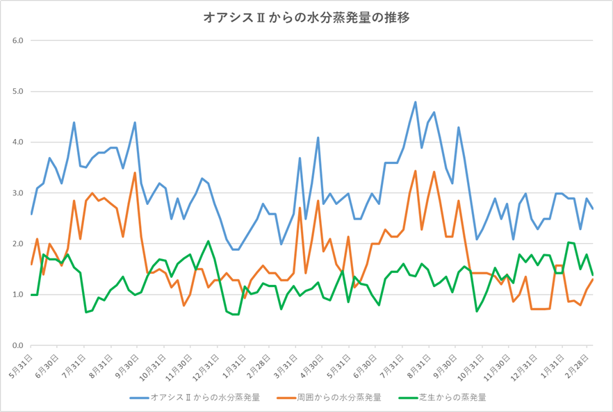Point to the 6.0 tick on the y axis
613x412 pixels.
click(18, 40)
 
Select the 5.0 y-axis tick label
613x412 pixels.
click(18, 91)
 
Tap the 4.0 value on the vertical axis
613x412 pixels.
click(18, 142)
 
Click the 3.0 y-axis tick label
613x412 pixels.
click(18, 193)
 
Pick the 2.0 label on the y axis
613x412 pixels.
click(18, 244)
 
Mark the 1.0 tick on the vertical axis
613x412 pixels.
click(18, 295)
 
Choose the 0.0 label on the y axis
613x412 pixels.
click(18, 345)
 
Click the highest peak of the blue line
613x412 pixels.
click(415, 102)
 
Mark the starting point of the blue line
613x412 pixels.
click(31, 214)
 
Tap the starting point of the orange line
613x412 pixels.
click(31, 264)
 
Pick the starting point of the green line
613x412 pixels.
click(31, 295)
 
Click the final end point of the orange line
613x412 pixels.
click(593, 279)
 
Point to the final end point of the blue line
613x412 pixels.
click(593, 208)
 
